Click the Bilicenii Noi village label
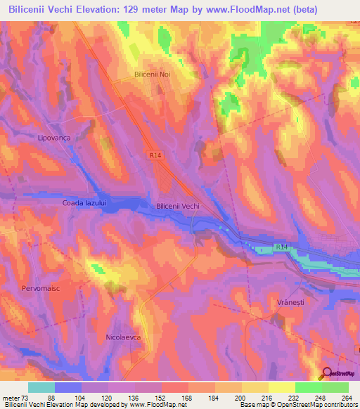153,74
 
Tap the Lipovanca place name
54,138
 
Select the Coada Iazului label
84,203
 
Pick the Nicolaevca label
124,337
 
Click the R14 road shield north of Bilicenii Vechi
155,155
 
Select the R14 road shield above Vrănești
281,247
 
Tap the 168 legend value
186,397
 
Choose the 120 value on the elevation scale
105,397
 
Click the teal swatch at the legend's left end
41,387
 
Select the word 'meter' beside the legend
10,397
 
